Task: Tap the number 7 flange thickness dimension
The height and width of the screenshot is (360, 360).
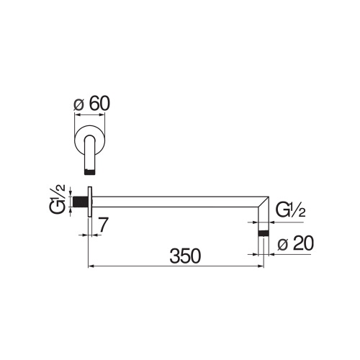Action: pyautogui.click(x=103, y=225)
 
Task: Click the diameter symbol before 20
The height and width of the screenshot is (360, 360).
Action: pyautogui.click(x=282, y=245)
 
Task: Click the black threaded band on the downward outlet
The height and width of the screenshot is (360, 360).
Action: pyautogui.click(x=264, y=234)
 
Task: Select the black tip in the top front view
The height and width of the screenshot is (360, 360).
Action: pyautogui.click(x=91, y=171)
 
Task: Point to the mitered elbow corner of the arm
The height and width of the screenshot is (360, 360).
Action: pyautogui.click(x=264, y=201)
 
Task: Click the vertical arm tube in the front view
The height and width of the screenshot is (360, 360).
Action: pyautogui.click(x=91, y=155)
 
